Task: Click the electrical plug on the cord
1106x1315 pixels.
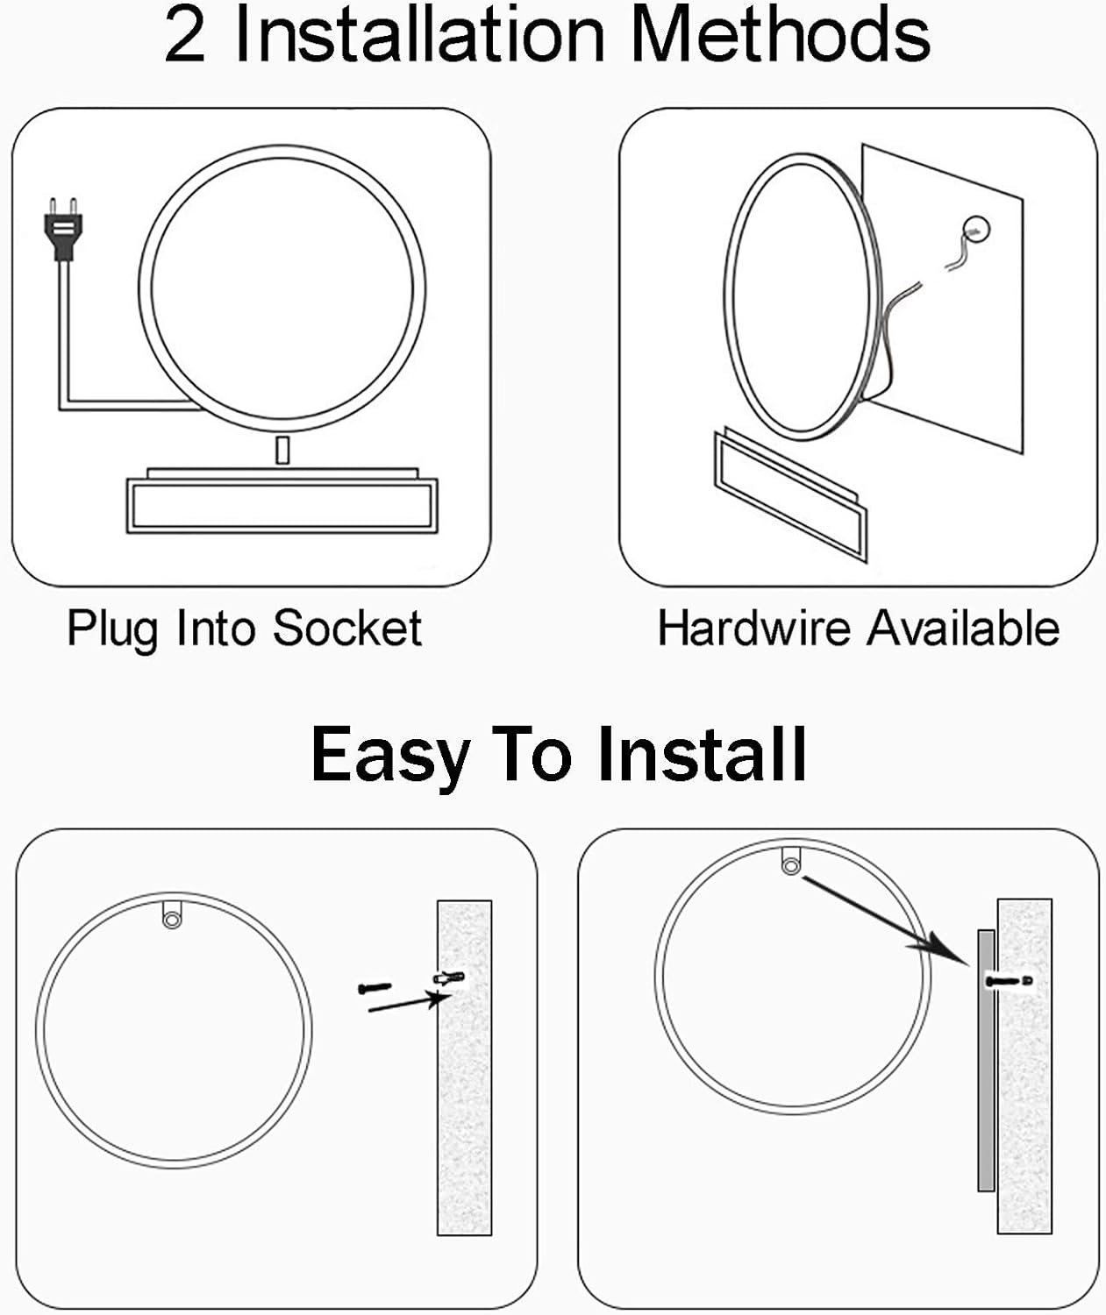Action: coord(63,229)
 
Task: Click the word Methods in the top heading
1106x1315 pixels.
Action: coord(781,34)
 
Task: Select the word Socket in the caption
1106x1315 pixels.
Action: coord(347,628)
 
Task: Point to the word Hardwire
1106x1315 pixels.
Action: coord(753,628)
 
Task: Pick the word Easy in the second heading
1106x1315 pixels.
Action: coord(390,756)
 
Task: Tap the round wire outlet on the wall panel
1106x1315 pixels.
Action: coord(975,230)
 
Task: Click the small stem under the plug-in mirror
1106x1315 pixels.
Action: coord(283,451)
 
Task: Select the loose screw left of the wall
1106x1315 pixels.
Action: coord(375,988)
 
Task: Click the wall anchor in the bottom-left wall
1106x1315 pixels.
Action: coord(449,978)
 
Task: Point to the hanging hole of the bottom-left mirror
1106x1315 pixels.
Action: coord(171,920)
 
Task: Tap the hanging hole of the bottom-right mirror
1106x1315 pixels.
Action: coord(790,867)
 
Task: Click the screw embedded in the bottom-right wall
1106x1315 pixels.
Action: coord(1009,981)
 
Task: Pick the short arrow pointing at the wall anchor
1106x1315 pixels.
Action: coord(410,1002)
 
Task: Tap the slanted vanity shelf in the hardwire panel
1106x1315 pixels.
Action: coord(790,494)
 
